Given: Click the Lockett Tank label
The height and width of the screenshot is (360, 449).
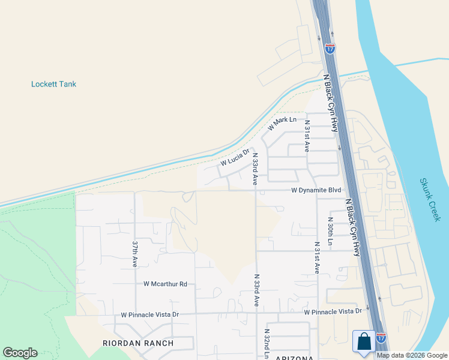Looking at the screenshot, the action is click(53, 84).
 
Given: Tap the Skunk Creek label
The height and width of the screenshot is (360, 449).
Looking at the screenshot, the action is click(430, 200).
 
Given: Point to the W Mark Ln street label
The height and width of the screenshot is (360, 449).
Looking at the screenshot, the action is click(282, 123).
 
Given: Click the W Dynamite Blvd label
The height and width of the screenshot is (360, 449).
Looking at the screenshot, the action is click(316, 190).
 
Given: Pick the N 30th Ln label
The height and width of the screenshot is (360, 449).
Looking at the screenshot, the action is click(330, 231).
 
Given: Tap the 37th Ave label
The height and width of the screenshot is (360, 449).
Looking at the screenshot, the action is click(135, 254).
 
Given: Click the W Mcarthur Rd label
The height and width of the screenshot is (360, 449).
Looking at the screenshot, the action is click(165, 284).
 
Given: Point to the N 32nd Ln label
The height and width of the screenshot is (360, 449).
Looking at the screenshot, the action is click(267, 343).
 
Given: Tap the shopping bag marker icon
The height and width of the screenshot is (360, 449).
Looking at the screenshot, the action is click(364, 343).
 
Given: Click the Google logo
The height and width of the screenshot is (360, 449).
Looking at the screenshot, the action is click(20, 353).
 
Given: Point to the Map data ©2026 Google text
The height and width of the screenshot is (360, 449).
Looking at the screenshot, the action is click(412, 355).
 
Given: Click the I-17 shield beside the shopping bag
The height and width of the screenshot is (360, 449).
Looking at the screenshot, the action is click(381, 338).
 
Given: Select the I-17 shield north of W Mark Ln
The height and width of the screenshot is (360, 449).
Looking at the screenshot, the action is click(330, 48).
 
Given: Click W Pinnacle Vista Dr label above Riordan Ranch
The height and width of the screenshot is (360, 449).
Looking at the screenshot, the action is click(150, 314).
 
